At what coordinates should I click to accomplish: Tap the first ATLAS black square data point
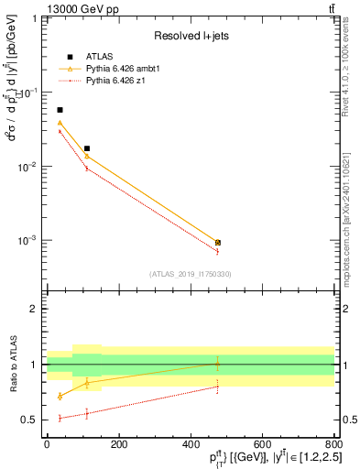[60, 110]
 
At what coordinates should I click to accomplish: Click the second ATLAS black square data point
[87, 148]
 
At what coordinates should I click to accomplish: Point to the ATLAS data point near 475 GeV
[217, 243]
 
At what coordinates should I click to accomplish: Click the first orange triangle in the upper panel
[60, 123]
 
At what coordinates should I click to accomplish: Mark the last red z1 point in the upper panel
[217, 251]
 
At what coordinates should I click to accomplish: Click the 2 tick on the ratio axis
[38, 309]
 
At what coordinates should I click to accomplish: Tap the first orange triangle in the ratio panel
[60, 396]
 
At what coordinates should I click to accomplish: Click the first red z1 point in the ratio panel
[60, 418]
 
